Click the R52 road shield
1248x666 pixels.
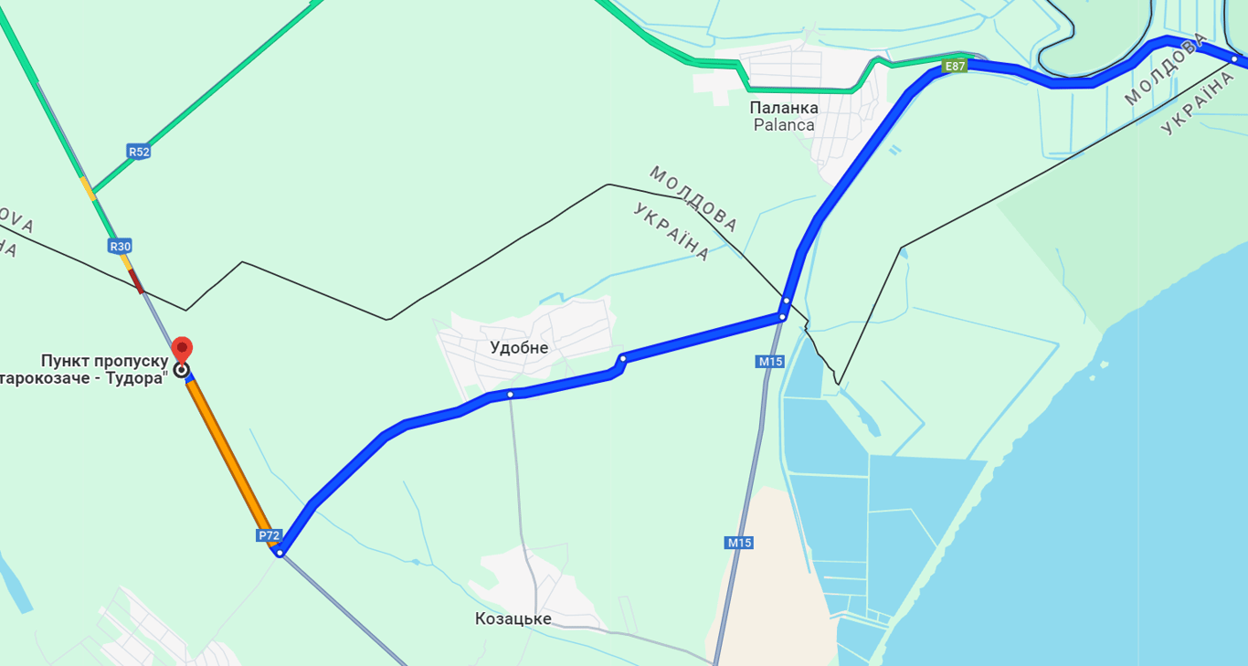tap(139, 152)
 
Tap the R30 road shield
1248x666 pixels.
tap(120, 246)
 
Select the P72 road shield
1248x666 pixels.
tap(269, 535)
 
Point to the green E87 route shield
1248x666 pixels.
tap(955, 66)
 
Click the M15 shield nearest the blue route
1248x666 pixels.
tap(770, 362)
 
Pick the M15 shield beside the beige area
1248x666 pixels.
tap(739, 543)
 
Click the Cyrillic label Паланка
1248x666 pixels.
tap(784, 108)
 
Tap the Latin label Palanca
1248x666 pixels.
tap(784, 125)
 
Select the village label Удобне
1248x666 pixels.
tap(519, 348)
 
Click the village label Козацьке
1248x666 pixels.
tap(513, 619)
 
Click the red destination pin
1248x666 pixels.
tap(182, 349)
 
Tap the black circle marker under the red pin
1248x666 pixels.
tap(182, 370)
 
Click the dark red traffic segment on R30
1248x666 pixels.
tap(136, 280)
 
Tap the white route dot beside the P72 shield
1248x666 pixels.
tap(280, 552)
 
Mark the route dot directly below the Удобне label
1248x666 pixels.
tap(511, 395)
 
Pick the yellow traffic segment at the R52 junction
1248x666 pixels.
tap(88, 187)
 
